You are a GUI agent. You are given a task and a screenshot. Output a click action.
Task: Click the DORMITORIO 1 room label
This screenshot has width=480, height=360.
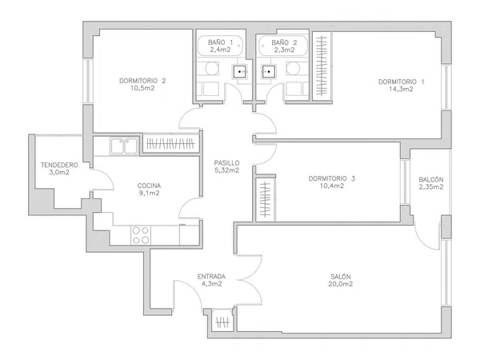coord(402,82)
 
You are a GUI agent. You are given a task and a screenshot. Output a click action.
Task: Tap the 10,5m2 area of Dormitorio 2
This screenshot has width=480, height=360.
coord(142,89)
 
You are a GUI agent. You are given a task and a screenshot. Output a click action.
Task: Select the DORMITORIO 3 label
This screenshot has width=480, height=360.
coord(332,178)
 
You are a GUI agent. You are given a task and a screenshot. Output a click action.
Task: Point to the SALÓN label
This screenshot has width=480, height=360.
coord(341,277)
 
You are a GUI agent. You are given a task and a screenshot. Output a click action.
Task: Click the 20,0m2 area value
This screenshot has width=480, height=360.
coord(341,284)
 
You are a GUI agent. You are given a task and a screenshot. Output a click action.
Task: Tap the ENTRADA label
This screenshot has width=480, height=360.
coord(211,277)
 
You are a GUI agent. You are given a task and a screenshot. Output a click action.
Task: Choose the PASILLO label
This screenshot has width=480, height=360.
coord(226,163)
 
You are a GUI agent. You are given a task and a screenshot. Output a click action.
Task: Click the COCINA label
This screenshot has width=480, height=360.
coord(149,186)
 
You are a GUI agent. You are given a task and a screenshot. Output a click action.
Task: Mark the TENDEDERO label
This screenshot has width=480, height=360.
coord(59,165)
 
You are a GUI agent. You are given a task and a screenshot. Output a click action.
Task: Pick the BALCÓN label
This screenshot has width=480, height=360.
coord(431,179)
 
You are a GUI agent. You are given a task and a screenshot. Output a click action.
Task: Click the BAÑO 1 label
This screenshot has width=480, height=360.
coord(221,42)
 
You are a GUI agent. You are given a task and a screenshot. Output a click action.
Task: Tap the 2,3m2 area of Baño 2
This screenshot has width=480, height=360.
coord(284,50)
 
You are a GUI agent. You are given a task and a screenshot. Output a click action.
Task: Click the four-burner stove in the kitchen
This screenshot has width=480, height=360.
coord(141,235)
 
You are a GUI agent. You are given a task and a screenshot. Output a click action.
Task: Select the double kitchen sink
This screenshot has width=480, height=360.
coord(124,146)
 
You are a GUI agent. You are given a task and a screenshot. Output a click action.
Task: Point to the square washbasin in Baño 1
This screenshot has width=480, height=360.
coord(240,72)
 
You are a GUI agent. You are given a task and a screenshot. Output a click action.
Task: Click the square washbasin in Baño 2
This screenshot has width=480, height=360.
coord(269,72)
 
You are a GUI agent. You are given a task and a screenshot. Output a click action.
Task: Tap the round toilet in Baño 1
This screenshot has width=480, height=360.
coord(212,69)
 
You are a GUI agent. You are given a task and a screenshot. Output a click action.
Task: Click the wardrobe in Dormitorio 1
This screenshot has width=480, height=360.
coord(322,66)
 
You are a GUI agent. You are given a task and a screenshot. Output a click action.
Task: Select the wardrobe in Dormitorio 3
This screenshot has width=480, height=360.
coord(266,199)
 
